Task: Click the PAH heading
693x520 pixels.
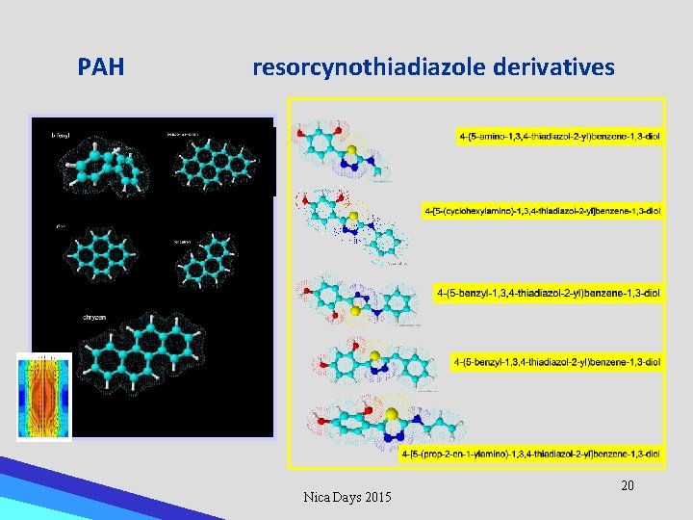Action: point(101,67)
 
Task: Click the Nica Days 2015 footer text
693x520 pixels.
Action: point(347,497)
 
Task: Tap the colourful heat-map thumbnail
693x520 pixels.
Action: point(44,397)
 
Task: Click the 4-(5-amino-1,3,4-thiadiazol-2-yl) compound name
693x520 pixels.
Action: point(559,137)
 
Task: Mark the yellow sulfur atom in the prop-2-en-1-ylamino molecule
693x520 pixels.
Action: point(392,415)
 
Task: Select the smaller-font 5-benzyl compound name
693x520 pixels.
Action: point(556,362)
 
